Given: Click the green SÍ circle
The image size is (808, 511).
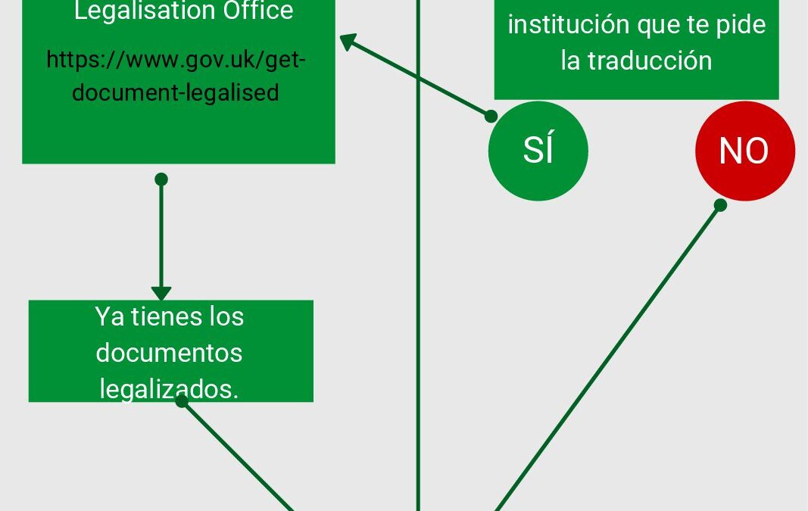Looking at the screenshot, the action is (x=538, y=151).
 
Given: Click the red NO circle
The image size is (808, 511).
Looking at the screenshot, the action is (x=745, y=151).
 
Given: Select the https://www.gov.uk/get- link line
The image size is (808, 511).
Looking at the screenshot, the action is (x=176, y=60).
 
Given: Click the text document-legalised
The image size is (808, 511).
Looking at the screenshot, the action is (x=176, y=92).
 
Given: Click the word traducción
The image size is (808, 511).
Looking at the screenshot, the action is (x=650, y=61).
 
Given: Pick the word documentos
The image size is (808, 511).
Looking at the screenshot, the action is (x=169, y=353).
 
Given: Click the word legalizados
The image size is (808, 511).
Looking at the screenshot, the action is (x=169, y=389).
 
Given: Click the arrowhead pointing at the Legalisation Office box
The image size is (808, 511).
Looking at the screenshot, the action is (x=348, y=41).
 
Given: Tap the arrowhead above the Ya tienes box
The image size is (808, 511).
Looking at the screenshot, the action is (x=161, y=293).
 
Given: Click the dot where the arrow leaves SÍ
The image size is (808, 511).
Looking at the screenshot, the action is (x=491, y=116).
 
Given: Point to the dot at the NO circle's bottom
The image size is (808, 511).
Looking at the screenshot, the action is (x=720, y=205).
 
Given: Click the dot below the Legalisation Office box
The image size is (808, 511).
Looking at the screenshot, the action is (x=161, y=179).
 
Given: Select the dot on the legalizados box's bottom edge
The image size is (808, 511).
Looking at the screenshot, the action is (x=182, y=401).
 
